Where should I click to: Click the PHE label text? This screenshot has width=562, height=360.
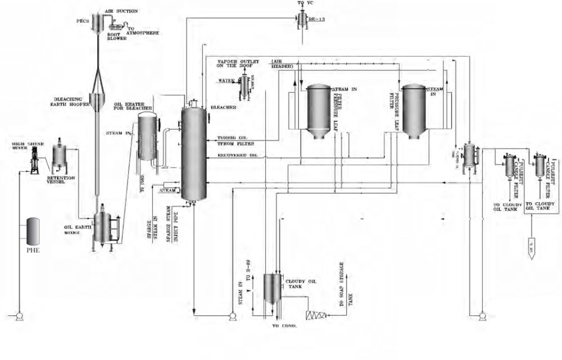click(x=33, y=250)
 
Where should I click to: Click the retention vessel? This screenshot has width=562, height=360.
click(x=59, y=156)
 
